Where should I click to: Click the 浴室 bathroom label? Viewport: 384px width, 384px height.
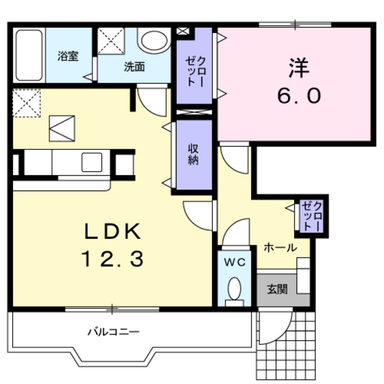click(x=68, y=56)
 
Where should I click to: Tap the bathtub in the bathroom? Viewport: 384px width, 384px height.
click(x=29, y=55)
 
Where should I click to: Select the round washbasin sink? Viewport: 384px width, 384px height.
click(x=154, y=40)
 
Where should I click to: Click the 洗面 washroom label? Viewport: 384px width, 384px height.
click(x=134, y=67)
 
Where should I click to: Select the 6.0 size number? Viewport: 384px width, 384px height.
click(x=298, y=95)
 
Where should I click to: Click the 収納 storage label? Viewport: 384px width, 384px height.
click(x=193, y=155)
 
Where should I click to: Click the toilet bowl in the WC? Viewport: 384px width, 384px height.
click(x=234, y=289)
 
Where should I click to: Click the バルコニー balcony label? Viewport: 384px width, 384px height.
click(x=113, y=331)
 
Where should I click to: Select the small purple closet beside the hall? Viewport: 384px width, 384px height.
click(x=311, y=216)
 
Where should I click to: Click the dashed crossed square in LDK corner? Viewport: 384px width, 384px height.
click(x=26, y=101)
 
